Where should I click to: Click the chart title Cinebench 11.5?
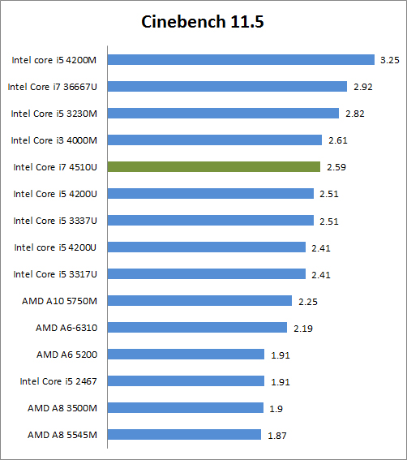(x=203, y=22)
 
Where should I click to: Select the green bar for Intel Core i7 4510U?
(x=214, y=166)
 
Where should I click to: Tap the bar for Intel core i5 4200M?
(x=241, y=59)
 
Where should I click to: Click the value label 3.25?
(x=388, y=60)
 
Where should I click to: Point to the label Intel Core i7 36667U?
(x=53, y=86)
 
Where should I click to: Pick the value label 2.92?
(x=362, y=87)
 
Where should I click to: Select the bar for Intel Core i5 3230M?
(x=223, y=113)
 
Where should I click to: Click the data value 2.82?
(x=353, y=114)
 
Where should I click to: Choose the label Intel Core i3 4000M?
(x=54, y=140)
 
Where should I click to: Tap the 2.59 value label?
(x=335, y=167)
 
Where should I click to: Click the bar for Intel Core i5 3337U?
(x=210, y=220)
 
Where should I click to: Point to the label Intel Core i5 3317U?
(x=54, y=273)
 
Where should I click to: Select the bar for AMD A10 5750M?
(x=199, y=300)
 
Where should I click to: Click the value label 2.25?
(x=306, y=301)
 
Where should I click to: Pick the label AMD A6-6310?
(x=66, y=327)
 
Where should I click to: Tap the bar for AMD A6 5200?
(x=186, y=354)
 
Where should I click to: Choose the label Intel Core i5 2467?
(x=58, y=380)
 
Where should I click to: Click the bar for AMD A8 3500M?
(x=186, y=407)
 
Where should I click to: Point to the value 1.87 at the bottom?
(x=277, y=435)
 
